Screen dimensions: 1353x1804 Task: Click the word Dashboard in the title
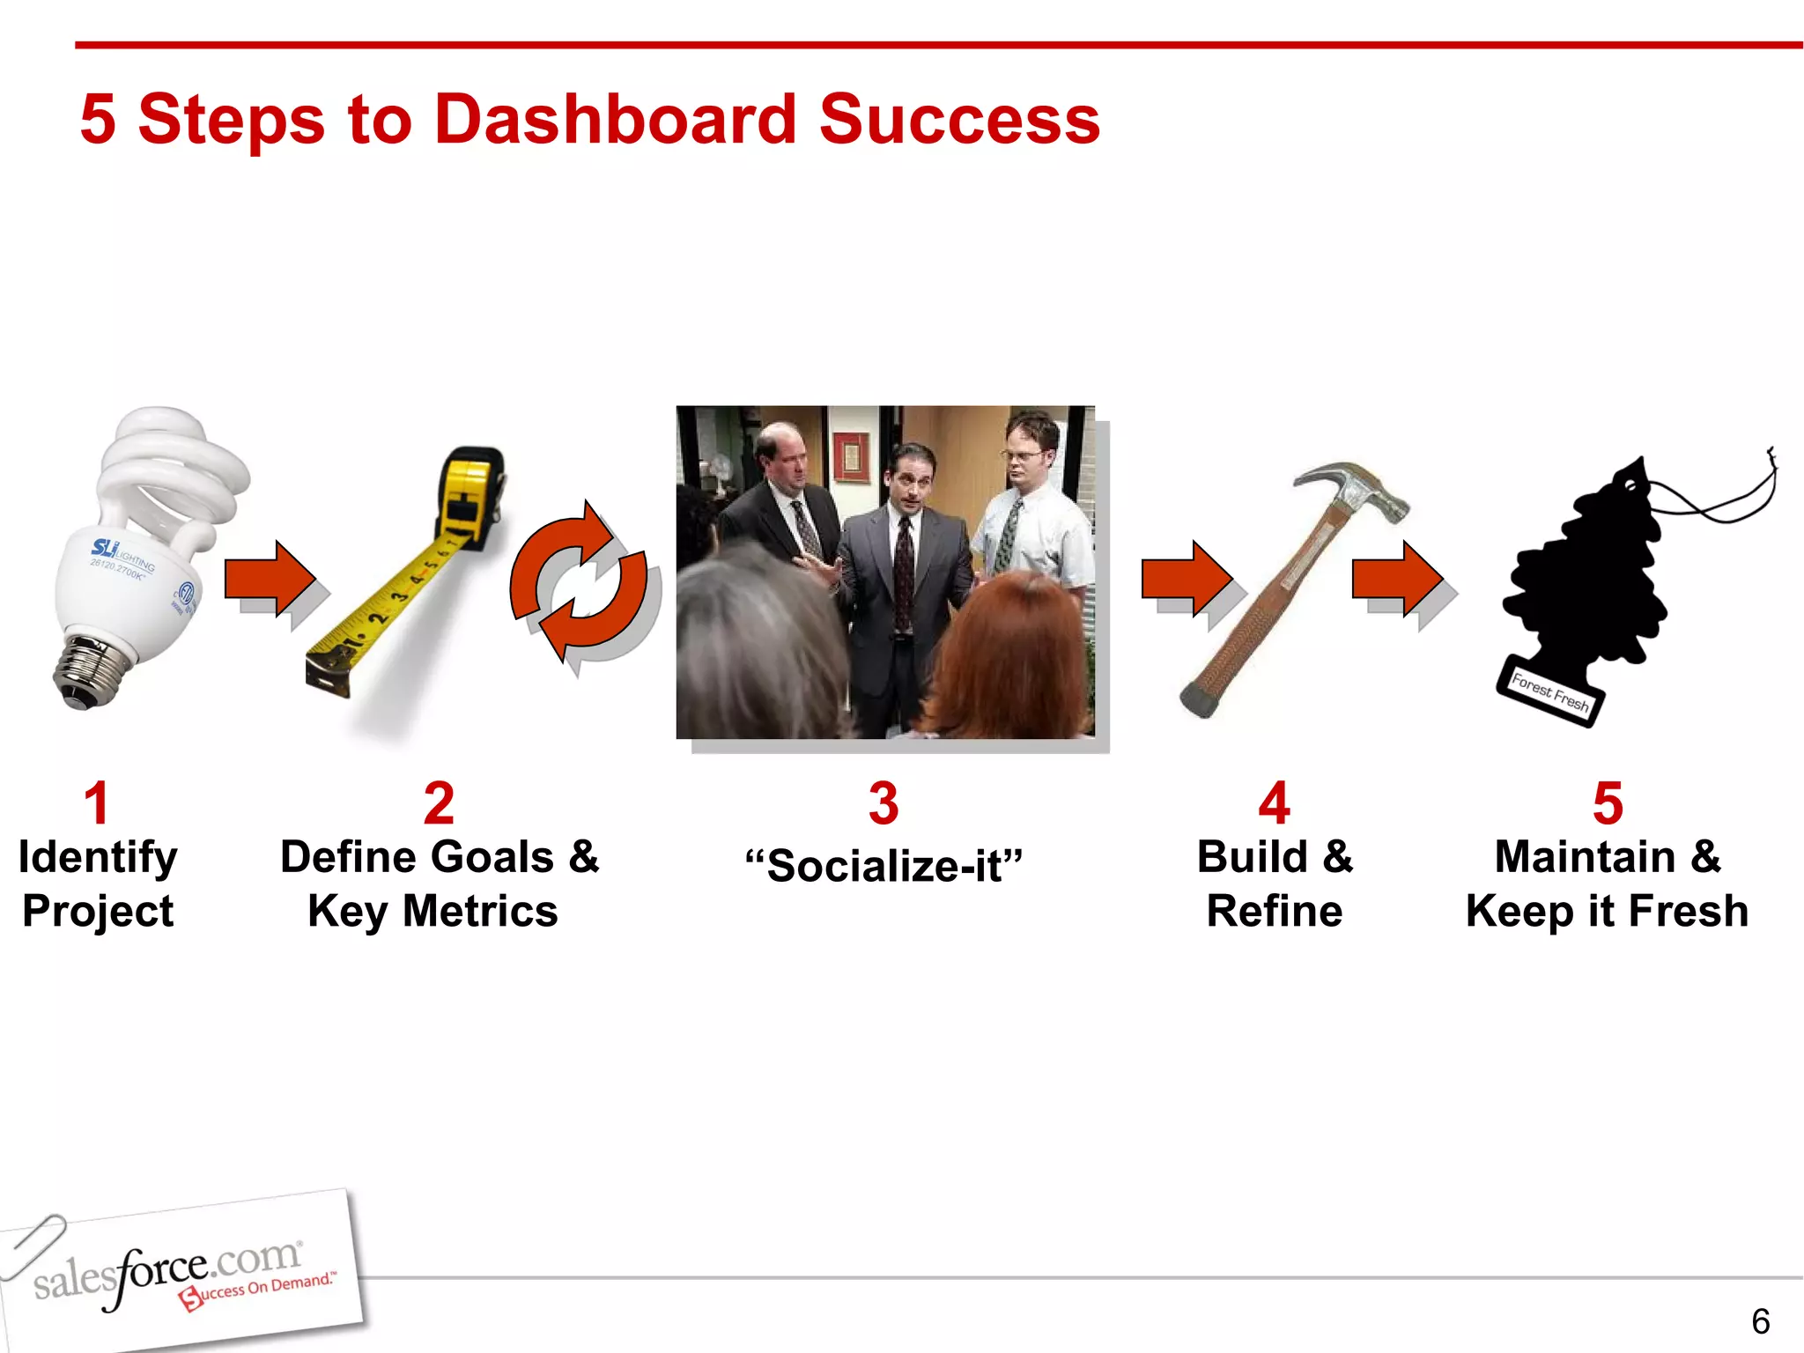[614, 120]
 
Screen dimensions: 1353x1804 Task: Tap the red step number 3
[884, 803]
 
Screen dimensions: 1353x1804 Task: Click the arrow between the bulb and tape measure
[270, 579]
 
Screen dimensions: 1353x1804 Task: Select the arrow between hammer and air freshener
[1397, 579]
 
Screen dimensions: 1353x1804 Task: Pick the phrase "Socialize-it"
[884, 866]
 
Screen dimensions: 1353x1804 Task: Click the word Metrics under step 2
[480, 912]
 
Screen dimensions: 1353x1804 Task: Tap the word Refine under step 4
[1274, 912]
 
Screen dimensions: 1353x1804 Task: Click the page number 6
[1760, 1321]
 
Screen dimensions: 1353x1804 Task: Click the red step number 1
[97, 803]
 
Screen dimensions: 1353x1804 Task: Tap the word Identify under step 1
[98, 857]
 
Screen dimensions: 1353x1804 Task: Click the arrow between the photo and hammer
[1186, 579]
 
